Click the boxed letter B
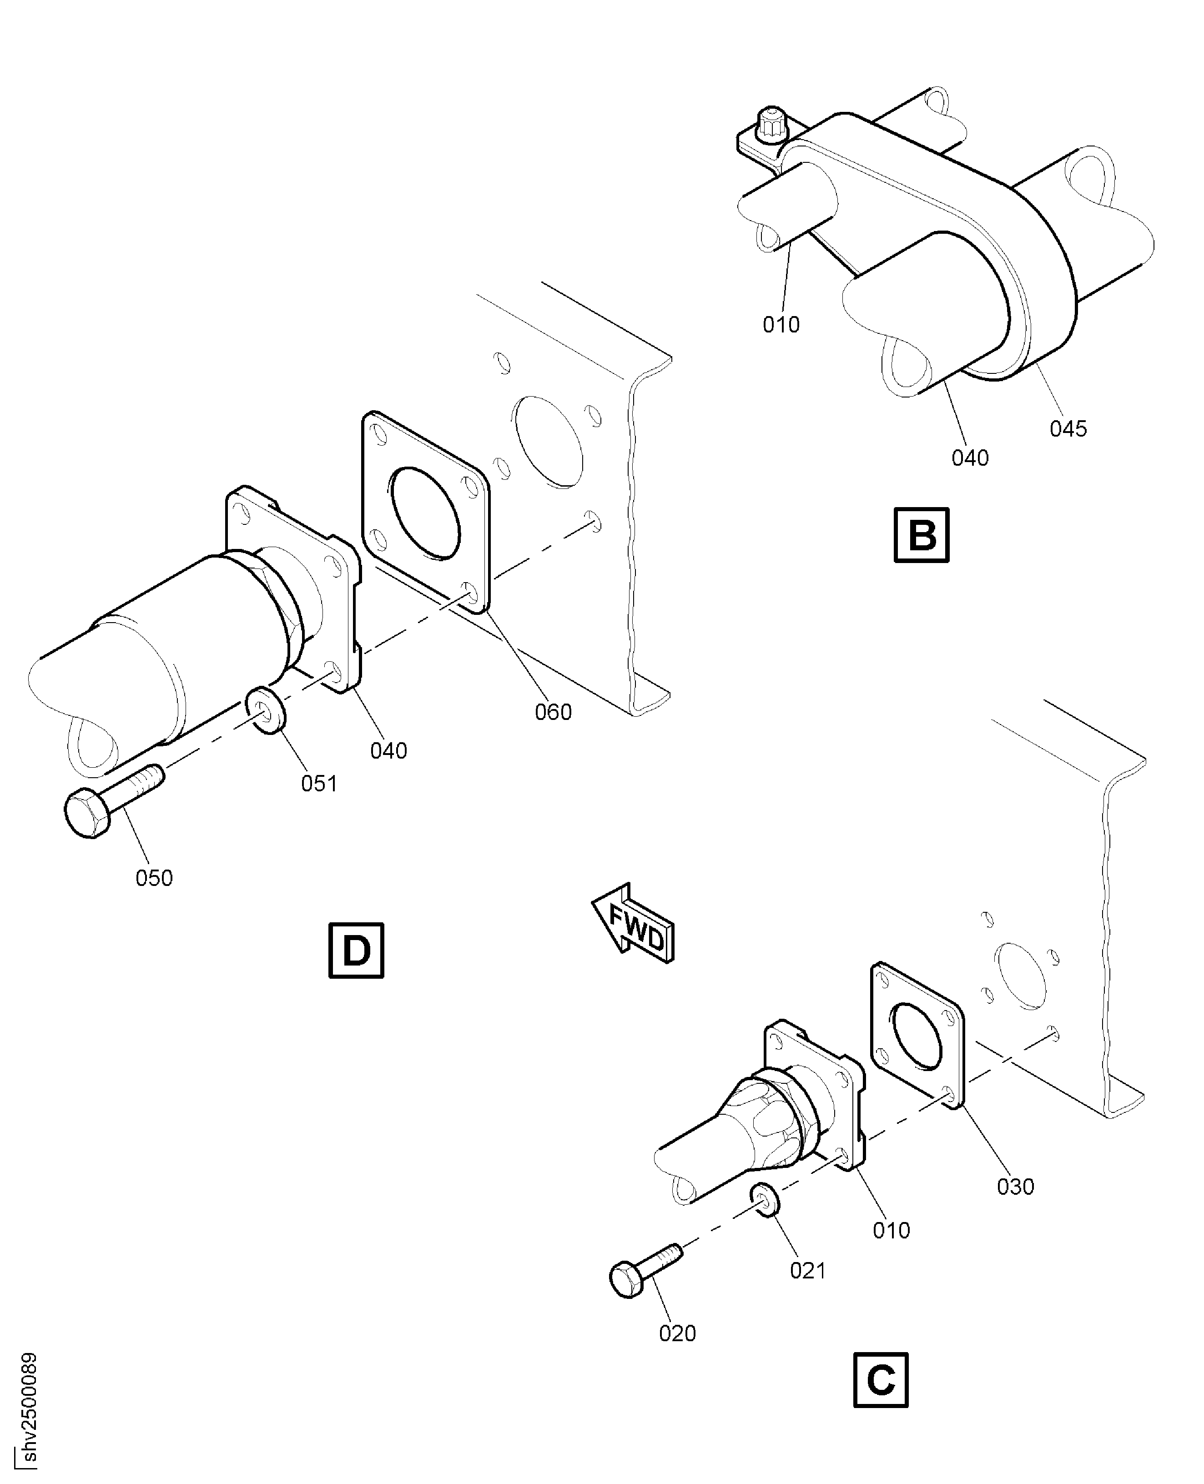pos(921,535)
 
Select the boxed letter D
pos(356,951)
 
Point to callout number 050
pos(154,878)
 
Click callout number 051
pos(319,784)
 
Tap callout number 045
pos(1068,428)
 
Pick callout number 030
pos(1015,1187)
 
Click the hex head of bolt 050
pos(87,813)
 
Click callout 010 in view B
pos(781,325)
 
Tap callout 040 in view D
pos(388,750)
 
